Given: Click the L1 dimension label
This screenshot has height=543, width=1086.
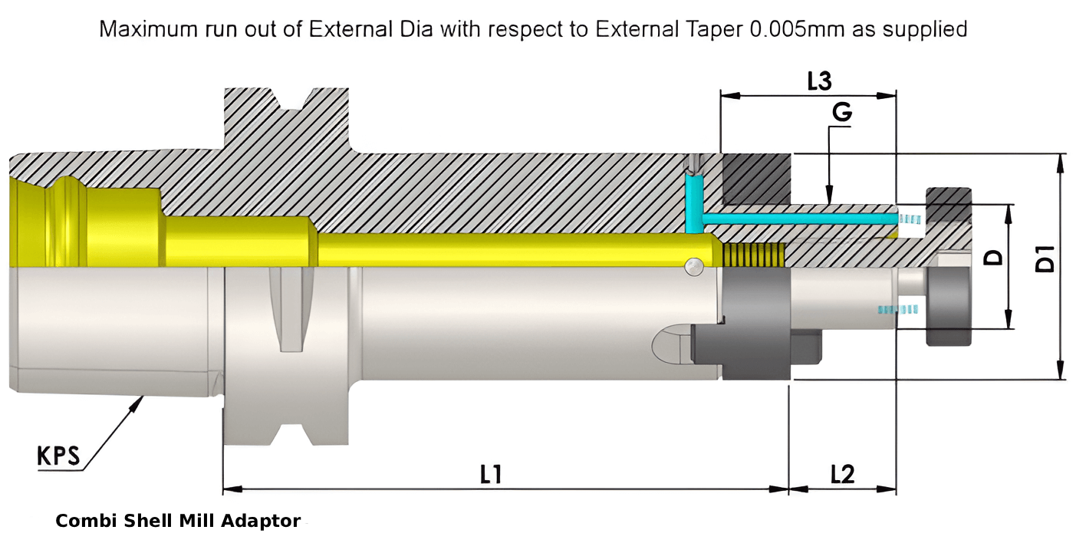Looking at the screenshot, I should tap(491, 475).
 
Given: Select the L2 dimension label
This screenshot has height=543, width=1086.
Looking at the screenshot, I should tap(842, 475).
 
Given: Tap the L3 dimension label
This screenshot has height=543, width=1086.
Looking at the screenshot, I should tap(820, 81).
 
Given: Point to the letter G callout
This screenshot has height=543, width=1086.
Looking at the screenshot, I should tap(841, 113).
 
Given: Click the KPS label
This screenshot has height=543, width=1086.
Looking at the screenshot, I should tap(58, 456).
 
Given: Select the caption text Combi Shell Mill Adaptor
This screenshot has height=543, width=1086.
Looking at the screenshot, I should tap(178, 522).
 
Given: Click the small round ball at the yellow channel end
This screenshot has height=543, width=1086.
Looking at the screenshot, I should tap(693, 265).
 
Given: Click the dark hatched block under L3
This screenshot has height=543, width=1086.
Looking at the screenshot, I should tap(756, 179).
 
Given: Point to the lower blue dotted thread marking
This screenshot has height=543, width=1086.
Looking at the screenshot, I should tap(897, 309).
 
